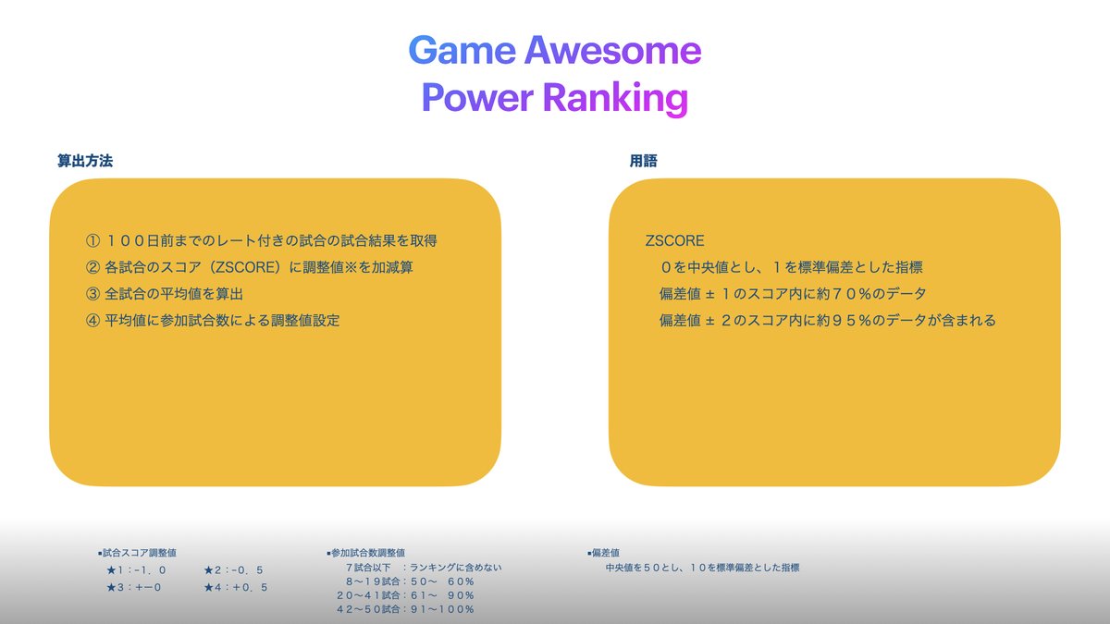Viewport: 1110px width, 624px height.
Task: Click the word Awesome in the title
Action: [x=612, y=51]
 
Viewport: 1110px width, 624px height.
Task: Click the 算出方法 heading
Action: [x=85, y=161]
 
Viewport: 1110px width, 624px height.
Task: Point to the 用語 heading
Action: [x=644, y=161]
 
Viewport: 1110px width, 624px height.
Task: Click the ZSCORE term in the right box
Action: [x=674, y=241]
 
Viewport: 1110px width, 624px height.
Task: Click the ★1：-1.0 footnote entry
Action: [x=137, y=570]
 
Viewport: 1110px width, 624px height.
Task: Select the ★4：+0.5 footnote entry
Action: [x=236, y=588]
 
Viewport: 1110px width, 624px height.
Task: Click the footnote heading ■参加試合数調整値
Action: [x=366, y=553]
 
